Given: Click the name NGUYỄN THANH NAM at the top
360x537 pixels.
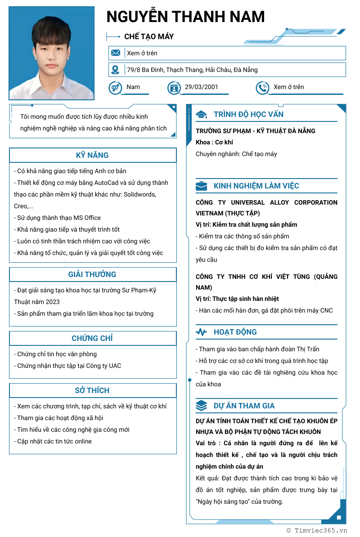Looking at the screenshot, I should (x=185, y=17).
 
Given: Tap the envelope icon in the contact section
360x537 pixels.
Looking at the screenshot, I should (x=116, y=53).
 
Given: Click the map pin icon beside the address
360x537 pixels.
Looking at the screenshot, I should (x=116, y=70).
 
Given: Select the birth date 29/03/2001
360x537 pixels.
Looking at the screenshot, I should (x=201, y=87).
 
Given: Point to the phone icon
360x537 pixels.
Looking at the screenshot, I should (x=262, y=87).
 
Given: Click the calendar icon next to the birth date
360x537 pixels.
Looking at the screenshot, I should (x=174, y=87).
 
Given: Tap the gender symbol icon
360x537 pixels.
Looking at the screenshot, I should (x=115, y=87).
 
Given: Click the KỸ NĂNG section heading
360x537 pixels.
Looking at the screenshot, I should (x=92, y=155).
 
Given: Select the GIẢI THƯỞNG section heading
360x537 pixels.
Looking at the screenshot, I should (x=92, y=274).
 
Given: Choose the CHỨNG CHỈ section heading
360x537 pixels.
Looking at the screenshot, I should (x=92, y=338).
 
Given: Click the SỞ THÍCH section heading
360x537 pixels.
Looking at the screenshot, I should (x=92, y=390).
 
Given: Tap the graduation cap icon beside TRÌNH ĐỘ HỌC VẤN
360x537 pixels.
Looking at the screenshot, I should (x=202, y=115).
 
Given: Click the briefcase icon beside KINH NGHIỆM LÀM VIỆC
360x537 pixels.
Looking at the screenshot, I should (x=202, y=186).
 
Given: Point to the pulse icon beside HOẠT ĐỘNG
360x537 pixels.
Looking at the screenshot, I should (x=202, y=332).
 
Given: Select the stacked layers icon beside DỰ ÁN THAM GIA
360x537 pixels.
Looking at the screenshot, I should (x=202, y=406).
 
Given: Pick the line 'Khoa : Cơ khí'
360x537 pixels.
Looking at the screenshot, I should (x=214, y=142).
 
